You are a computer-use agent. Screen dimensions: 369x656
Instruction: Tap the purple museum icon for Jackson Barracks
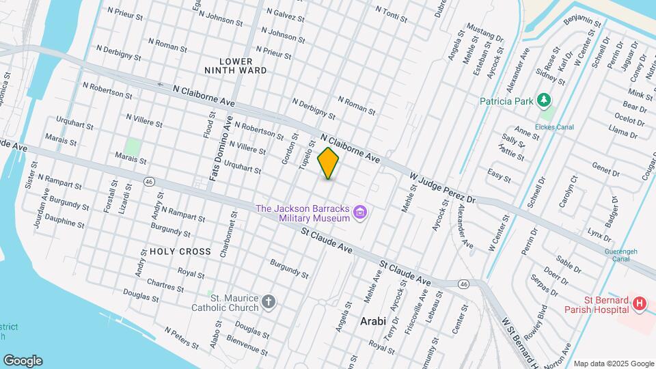click(x=361, y=214)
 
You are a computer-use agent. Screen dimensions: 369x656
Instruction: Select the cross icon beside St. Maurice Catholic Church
click(x=269, y=302)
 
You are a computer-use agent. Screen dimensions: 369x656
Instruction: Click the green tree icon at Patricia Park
click(x=544, y=101)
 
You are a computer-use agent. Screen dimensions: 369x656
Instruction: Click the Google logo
click(x=23, y=360)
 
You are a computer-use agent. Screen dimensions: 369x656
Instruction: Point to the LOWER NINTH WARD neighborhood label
click(x=235, y=65)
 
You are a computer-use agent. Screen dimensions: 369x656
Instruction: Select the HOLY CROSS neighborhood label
click(x=180, y=251)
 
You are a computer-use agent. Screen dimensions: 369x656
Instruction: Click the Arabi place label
click(x=373, y=321)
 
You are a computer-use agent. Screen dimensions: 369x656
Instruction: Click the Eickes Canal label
click(x=555, y=127)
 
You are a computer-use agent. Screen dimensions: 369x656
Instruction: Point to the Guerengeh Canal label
click(x=620, y=256)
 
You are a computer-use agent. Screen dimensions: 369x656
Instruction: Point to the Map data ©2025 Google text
click(x=613, y=364)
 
